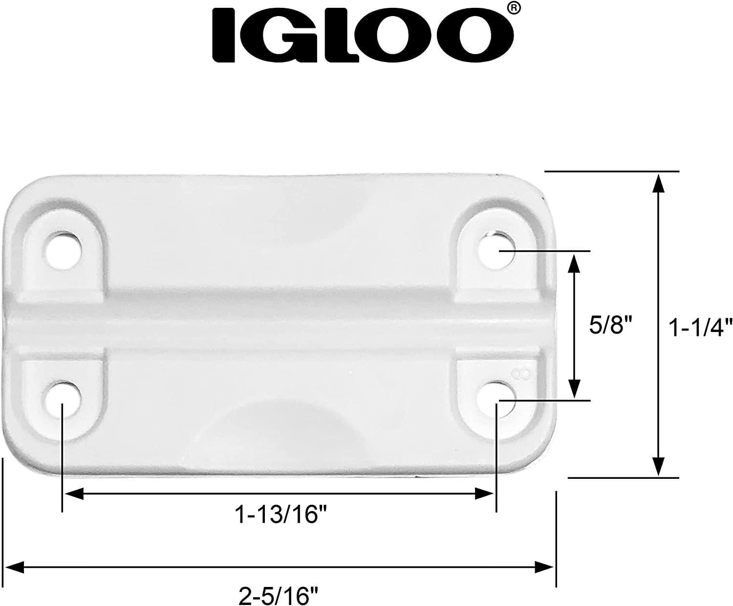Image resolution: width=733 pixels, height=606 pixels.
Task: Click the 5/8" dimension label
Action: pyautogui.click(x=607, y=325)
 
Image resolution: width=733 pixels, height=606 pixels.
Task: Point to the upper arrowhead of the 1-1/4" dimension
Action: pyautogui.click(x=658, y=183)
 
